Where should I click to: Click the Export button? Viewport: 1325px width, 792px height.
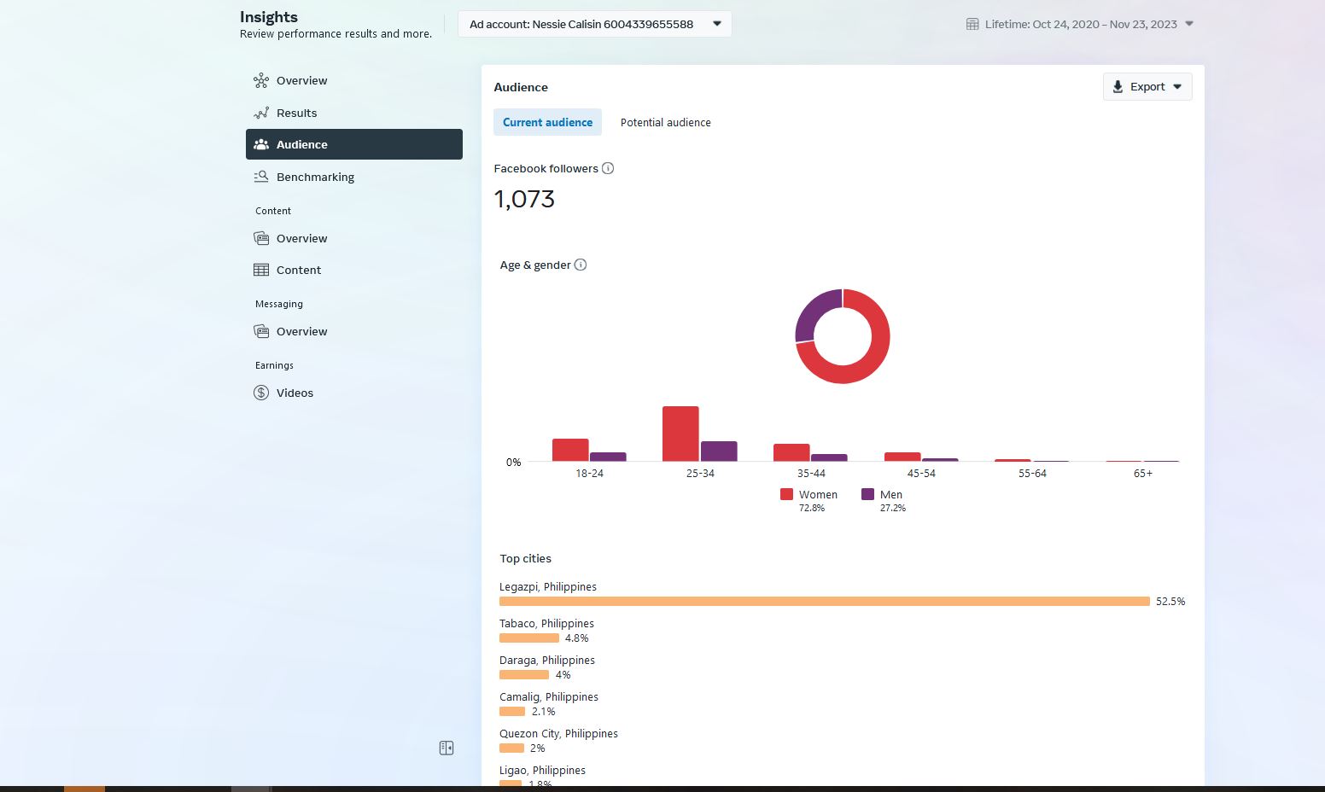(x=1147, y=87)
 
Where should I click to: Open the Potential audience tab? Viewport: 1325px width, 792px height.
(x=665, y=122)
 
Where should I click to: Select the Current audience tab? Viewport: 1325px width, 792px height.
(x=547, y=122)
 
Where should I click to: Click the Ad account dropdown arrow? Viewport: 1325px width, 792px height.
(x=717, y=24)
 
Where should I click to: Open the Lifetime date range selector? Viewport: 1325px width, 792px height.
(x=1079, y=24)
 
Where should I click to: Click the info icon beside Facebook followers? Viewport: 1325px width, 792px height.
(x=608, y=169)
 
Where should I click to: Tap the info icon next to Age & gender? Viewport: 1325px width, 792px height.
(x=581, y=265)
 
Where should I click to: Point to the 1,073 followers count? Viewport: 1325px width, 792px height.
(x=524, y=199)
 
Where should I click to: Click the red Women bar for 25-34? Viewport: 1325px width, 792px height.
(x=680, y=434)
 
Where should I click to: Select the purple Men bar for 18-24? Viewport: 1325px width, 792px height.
(x=608, y=457)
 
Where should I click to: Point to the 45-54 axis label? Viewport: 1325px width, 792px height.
(x=921, y=473)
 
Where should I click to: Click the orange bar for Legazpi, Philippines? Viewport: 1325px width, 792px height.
(x=825, y=602)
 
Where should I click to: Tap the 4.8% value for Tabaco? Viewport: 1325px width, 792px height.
(x=577, y=638)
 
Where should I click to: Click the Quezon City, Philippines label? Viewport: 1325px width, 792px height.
(x=558, y=733)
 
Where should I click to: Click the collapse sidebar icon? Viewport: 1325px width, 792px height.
(x=447, y=748)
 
